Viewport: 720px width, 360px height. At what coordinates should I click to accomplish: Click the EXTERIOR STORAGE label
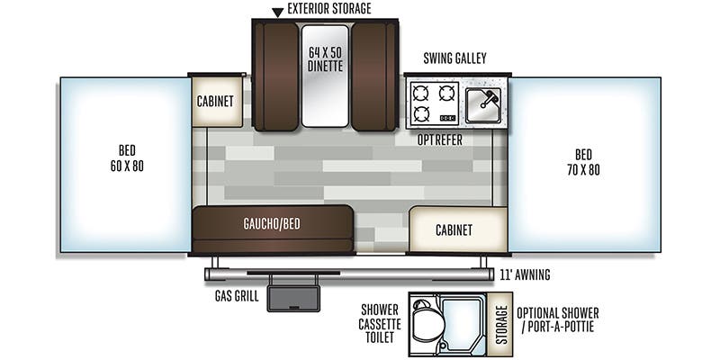coord(328,9)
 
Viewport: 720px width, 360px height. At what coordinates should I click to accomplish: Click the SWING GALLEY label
coord(454,59)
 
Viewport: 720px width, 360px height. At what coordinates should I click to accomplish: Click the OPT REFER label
coord(439,139)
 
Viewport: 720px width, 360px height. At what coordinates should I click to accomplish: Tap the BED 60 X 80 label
coord(126,159)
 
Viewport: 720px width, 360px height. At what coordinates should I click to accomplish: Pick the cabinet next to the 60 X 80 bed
coord(215,101)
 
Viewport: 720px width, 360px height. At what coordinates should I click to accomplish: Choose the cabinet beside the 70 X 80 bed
coord(454,229)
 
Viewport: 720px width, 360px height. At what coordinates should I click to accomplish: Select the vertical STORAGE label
coord(501,319)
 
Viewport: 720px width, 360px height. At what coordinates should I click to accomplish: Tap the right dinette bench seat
coord(372,74)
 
